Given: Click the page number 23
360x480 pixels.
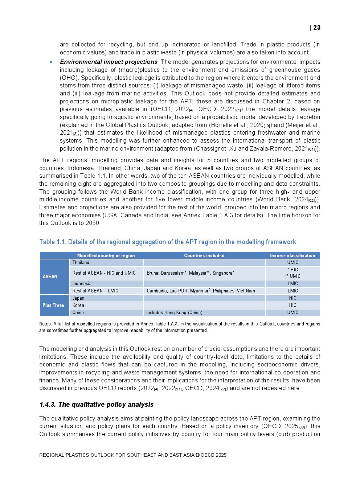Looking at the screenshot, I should point(317,28).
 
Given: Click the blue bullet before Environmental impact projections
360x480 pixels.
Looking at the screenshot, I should point(51,62).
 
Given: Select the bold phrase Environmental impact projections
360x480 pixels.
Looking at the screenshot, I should point(109,62).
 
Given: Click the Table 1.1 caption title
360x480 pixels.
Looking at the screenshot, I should point(168,242).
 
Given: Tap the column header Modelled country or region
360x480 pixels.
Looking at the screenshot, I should point(106,255).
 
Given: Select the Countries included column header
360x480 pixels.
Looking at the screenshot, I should point(204,255).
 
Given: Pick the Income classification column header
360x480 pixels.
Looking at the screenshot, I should point(292,255).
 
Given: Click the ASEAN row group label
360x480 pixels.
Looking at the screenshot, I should point(50,276).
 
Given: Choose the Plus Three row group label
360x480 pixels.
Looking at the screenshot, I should point(53,305).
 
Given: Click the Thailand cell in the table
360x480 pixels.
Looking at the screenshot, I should point(81,263).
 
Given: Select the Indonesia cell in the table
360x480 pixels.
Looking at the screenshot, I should point(82,284).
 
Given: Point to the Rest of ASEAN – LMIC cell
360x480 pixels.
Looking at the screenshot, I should point(95,291).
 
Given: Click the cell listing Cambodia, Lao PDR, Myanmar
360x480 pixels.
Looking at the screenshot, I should point(201,291).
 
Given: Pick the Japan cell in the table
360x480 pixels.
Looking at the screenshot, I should point(78,298).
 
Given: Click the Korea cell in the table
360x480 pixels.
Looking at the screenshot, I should point(78,305).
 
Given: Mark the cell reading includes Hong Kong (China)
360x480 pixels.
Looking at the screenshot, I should point(175,313).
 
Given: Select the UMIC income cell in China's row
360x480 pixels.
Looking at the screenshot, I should point(292,313).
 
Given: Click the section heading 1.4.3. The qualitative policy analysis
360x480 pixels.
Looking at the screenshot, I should point(97,405).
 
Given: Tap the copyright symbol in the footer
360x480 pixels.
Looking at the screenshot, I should point(197,455).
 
